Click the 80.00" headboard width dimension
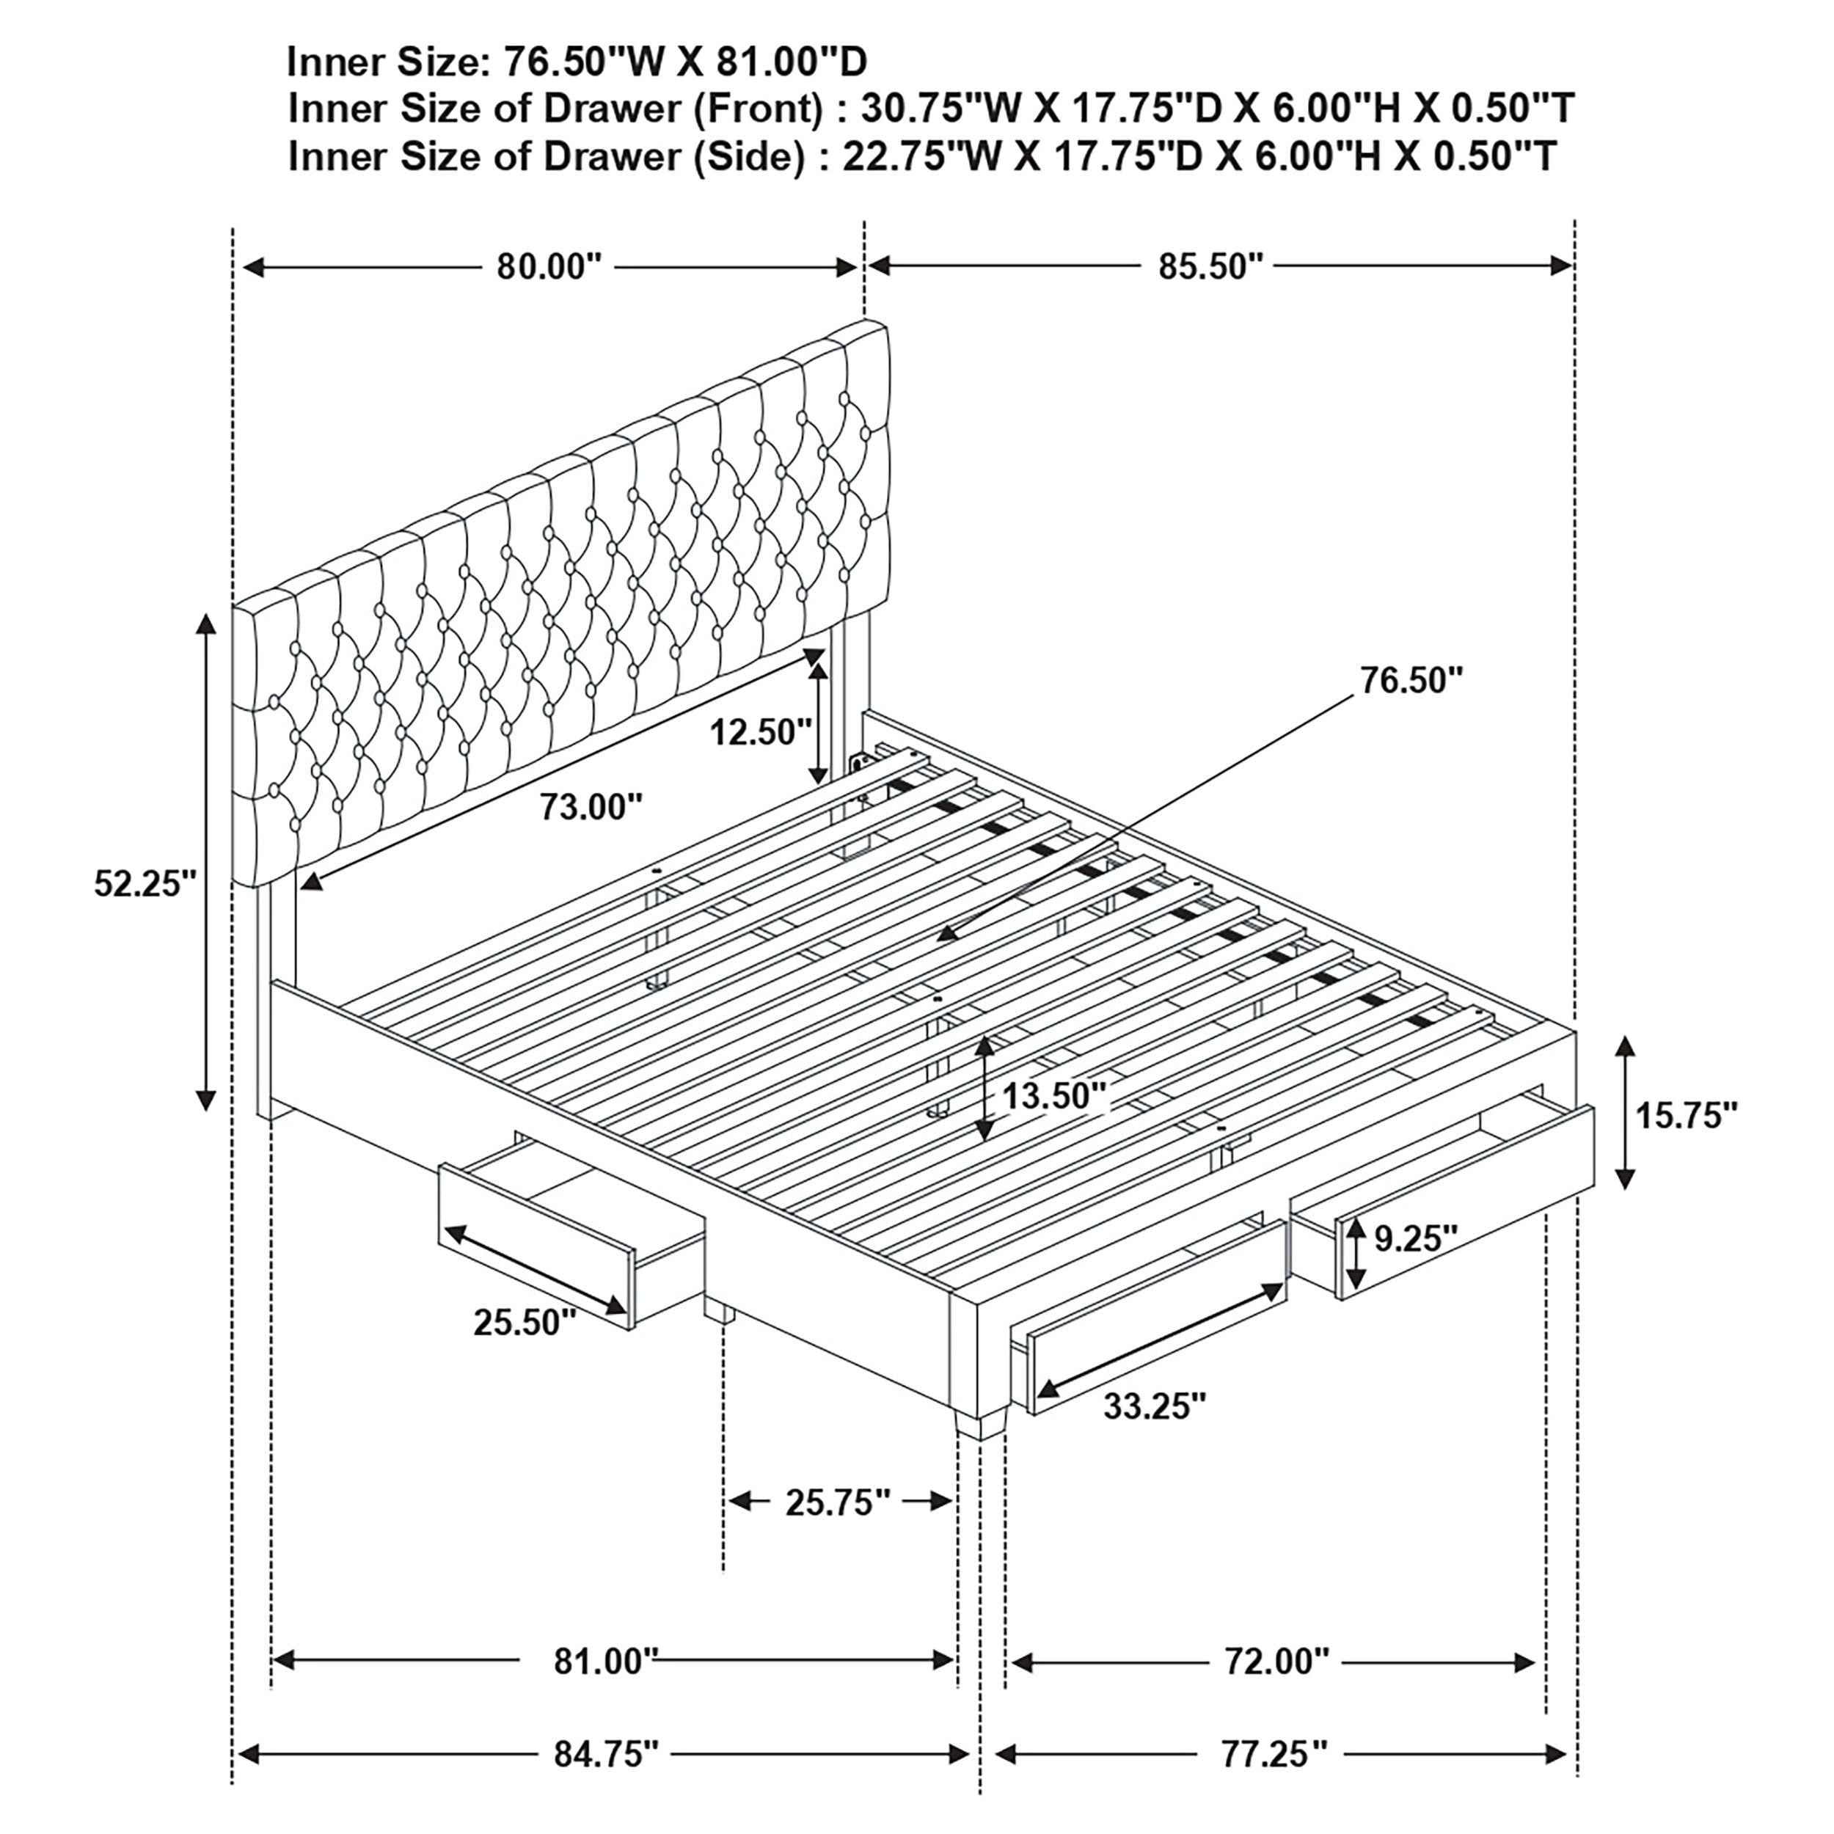(x=549, y=267)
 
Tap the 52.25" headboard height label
(x=145, y=884)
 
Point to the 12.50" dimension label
(x=760, y=732)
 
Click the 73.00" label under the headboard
(x=591, y=807)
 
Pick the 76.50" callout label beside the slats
(x=1411, y=680)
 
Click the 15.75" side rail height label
(x=1686, y=1115)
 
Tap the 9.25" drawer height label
(x=1415, y=1238)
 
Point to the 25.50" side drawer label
(x=525, y=1321)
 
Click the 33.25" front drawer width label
(x=1154, y=1406)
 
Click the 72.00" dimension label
(x=1276, y=1661)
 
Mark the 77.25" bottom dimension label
(x=1274, y=1753)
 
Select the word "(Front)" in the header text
(x=756, y=109)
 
